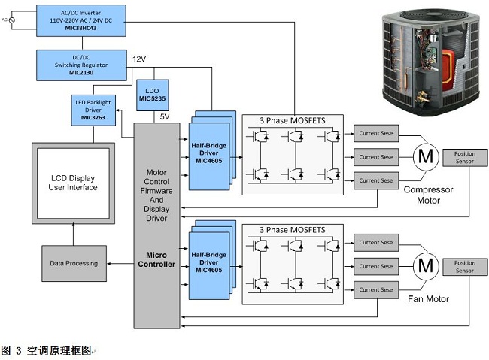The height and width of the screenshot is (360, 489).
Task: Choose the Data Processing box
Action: pyautogui.click(x=73, y=263)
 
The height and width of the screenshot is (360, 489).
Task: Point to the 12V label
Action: pyautogui.click(x=139, y=59)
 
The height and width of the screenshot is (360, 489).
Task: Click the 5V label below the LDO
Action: pyautogui.click(x=165, y=116)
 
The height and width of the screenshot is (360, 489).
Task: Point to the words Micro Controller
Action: pyautogui.click(x=156, y=259)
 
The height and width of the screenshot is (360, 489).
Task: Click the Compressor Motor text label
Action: pyautogui.click(x=429, y=195)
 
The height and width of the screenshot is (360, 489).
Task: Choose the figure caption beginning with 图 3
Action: pyautogui.click(x=47, y=350)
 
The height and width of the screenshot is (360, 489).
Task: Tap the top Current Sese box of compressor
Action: pyautogui.click(x=375, y=135)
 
